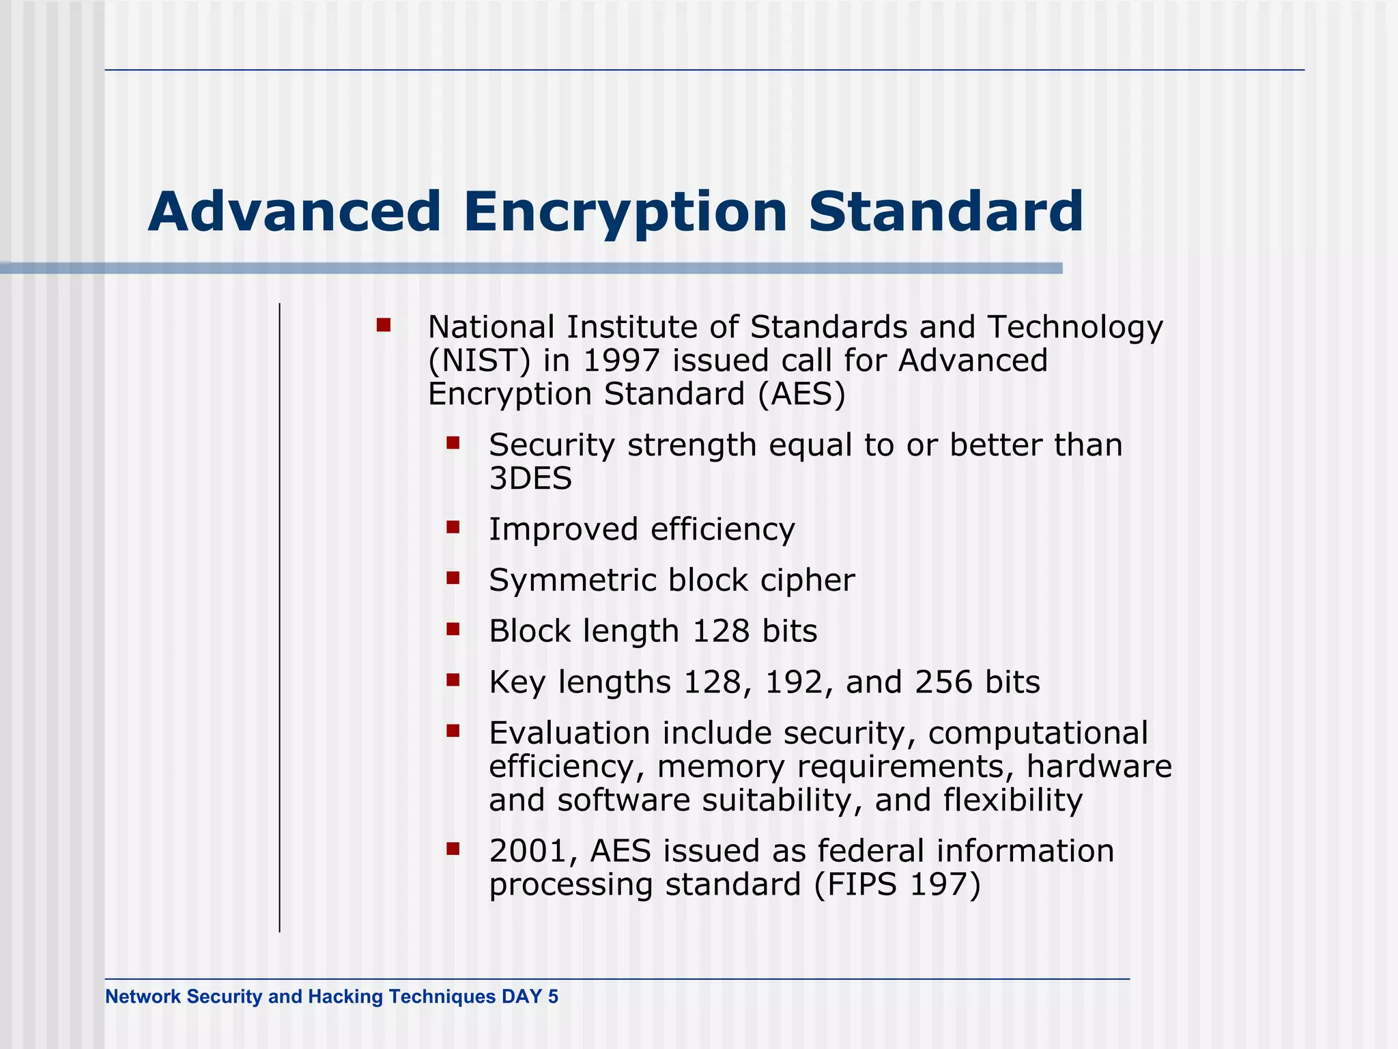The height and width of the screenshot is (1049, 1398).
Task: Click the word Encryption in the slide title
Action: click(x=625, y=212)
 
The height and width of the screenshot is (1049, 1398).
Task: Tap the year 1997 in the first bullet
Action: click(x=621, y=361)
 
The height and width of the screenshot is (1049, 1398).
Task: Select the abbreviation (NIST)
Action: click(x=479, y=361)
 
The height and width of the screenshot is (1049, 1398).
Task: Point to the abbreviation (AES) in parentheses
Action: click(x=801, y=394)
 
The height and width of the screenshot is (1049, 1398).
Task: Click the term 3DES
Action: click(x=530, y=478)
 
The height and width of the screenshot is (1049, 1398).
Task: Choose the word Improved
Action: click(x=563, y=530)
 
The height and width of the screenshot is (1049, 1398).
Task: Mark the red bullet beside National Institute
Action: click(x=384, y=325)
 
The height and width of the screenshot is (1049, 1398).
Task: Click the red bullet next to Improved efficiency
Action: click(x=453, y=527)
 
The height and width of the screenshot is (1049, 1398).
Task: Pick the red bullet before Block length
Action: click(x=453, y=629)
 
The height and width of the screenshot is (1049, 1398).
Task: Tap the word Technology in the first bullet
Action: click(x=1075, y=328)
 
